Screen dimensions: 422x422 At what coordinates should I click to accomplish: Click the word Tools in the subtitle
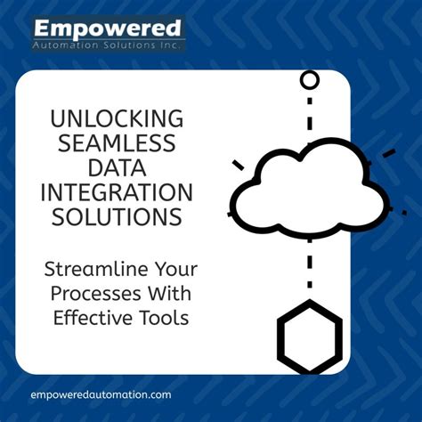coord(167,318)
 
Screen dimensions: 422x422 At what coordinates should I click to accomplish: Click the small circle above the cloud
coord(309,81)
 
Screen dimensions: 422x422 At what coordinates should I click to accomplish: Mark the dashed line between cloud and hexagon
coord(309,267)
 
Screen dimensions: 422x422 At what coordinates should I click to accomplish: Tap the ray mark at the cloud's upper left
coord(239,164)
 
